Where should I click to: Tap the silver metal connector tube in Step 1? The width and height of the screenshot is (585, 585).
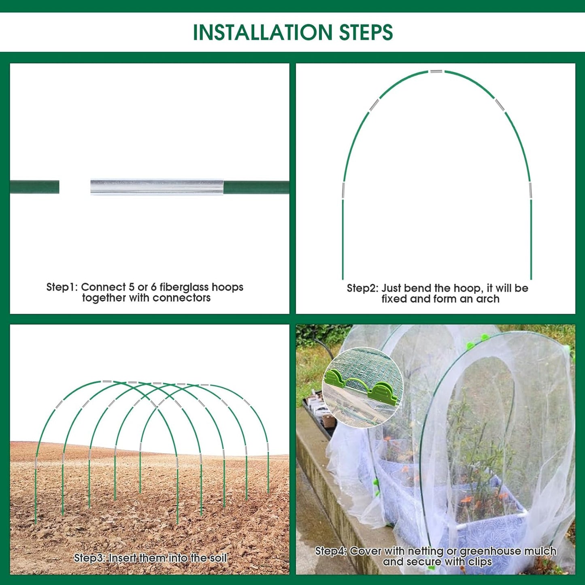[x=157, y=187]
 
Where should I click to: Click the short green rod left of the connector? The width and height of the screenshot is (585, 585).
[x=34, y=187]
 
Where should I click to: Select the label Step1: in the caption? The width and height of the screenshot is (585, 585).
[x=62, y=287]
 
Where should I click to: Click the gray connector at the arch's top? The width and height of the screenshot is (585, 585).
[x=436, y=72]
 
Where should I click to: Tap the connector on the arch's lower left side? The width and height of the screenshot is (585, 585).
[x=343, y=190]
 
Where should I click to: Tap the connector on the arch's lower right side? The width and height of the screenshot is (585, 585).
[x=530, y=190]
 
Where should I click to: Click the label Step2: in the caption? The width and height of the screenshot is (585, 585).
[x=362, y=288]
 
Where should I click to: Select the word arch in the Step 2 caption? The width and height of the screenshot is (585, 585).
[x=487, y=299]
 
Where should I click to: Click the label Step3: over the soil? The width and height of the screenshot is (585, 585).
[x=89, y=558]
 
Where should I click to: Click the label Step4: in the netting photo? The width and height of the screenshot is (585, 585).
[x=331, y=551]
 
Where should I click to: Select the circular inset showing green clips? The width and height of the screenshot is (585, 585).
[x=362, y=387]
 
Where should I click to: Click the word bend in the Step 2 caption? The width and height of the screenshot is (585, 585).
[x=417, y=288]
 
